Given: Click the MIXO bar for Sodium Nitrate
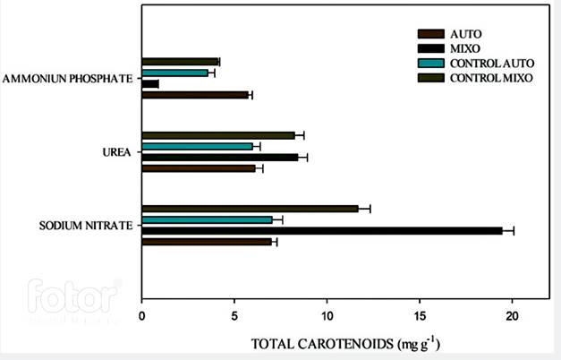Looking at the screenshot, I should (322, 230).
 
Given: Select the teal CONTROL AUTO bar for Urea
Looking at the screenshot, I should (197, 146).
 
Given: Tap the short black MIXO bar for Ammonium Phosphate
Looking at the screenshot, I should (150, 83).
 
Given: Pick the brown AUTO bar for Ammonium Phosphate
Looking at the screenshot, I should (194, 94).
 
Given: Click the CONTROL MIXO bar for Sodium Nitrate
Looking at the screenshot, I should (250, 209).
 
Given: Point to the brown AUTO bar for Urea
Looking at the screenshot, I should (199, 167).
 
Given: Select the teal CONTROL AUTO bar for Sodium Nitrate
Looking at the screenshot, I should (207, 219).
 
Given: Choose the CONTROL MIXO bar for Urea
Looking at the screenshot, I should (217, 135).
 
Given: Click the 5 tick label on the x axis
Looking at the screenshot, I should (234, 317).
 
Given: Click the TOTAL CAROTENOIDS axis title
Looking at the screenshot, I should (345, 343).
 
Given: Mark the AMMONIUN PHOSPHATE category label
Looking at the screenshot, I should (68, 79).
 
